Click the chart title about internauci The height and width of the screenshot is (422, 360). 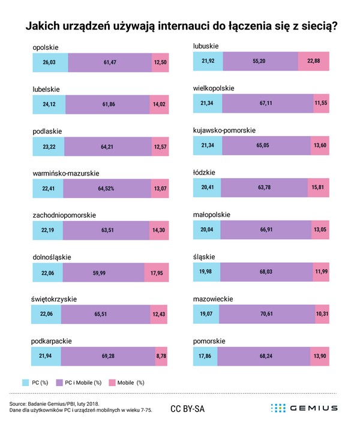[180, 26]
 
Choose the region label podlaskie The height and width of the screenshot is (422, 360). [47, 131]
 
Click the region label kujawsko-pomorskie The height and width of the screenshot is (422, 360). [224, 130]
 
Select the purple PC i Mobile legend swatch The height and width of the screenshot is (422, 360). [60, 382]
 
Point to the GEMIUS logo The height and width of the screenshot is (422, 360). [304, 408]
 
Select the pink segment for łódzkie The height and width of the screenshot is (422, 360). [317, 188]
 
